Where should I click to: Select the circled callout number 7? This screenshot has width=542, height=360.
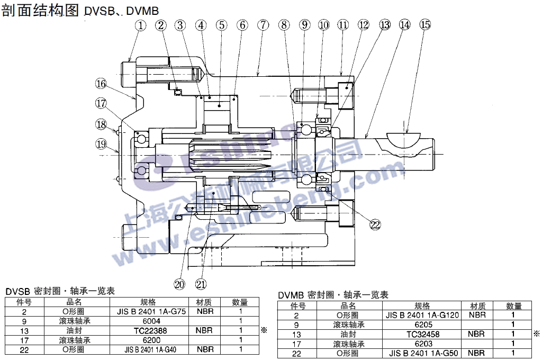click(x=263, y=25)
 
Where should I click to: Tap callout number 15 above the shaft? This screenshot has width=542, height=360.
click(x=425, y=24)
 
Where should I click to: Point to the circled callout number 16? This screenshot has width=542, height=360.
click(x=101, y=83)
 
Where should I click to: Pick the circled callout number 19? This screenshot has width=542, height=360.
click(x=101, y=143)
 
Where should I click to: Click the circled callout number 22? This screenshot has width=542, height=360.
click(x=375, y=224)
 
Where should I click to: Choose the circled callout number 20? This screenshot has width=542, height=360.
click(x=180, y=284)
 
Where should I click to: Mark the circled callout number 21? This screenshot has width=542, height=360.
click(x=201, y=284)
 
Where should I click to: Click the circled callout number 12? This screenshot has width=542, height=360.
click(x=363, y=25)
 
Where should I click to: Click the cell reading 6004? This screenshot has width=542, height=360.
click(x=151, y=321)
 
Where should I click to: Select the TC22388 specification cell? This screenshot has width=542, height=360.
click(x=151, y=330)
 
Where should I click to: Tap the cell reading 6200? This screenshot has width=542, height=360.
click(x=151, y=340)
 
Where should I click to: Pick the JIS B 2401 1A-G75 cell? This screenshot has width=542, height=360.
click(x=151, y=312)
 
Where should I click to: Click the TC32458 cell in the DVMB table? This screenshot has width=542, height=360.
click(x=423, y=334)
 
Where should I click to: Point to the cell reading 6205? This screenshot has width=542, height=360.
click(x=423, y=325)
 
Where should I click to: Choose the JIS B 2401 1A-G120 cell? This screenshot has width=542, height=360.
click(x=423, y=315)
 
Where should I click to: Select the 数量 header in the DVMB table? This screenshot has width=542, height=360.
click(x=513, y=305)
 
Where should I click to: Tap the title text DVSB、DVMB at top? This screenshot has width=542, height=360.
click(x=121, y=11)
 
